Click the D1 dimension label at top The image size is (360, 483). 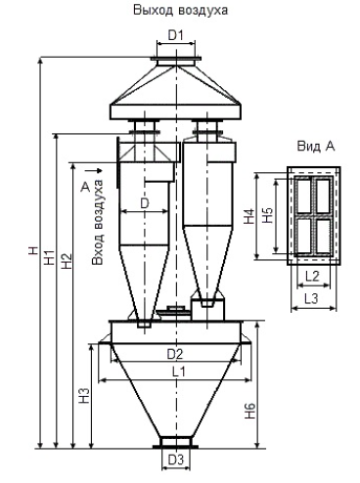pyautogui.click(x=176, y=35)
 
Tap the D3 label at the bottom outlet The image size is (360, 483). pyautogui.click(x=176, y=460)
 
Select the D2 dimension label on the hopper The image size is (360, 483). pyautogui.click(x=175, y=354)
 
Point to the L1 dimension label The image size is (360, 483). pyautogui.click(x=178, y=372)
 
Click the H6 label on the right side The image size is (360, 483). pyautogui.click(x=250, y=411)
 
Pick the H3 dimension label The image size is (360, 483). pyautogui.click(x=84, y=396)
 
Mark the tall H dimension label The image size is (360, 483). pyautogui.click(x=33, y=250)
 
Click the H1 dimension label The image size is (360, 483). pyautogui.click(x=50, y=257)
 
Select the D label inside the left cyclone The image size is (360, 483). pyautogui.click(x=144, y=203)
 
